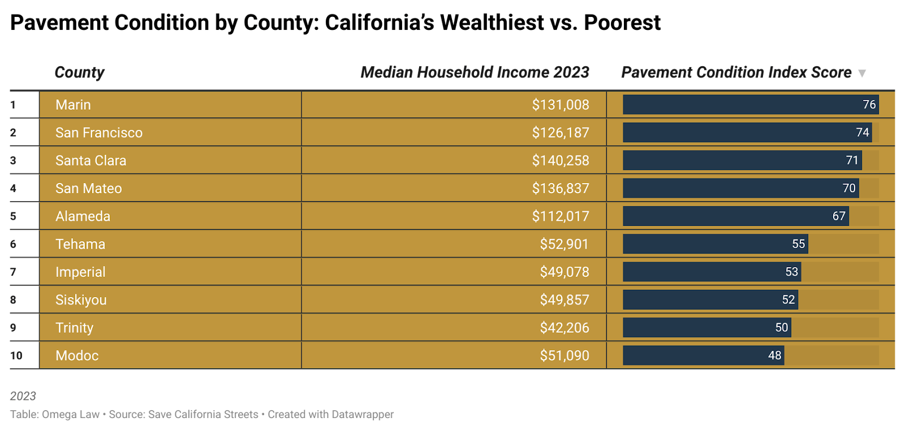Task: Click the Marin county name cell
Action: point(73,105)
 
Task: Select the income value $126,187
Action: point(560,133)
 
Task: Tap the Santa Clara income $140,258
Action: point(560,160)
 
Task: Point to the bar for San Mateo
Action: point(740,188)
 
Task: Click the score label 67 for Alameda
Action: point(838,216)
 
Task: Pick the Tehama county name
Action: point(80,244)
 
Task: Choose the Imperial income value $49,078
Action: point(564,272)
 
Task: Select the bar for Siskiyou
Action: point(710,300)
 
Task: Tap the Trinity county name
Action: point(74,328)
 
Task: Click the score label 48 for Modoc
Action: point(774,356)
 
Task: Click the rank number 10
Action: point(16,356)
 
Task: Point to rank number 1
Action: point(13,105)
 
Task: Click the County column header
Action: point(79,72)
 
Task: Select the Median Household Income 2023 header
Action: point(475,72)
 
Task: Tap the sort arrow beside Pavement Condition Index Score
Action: point(862,73)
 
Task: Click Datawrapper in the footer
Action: point(363,415)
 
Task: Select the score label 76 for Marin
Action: point(869,105)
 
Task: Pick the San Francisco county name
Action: point(99,133)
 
